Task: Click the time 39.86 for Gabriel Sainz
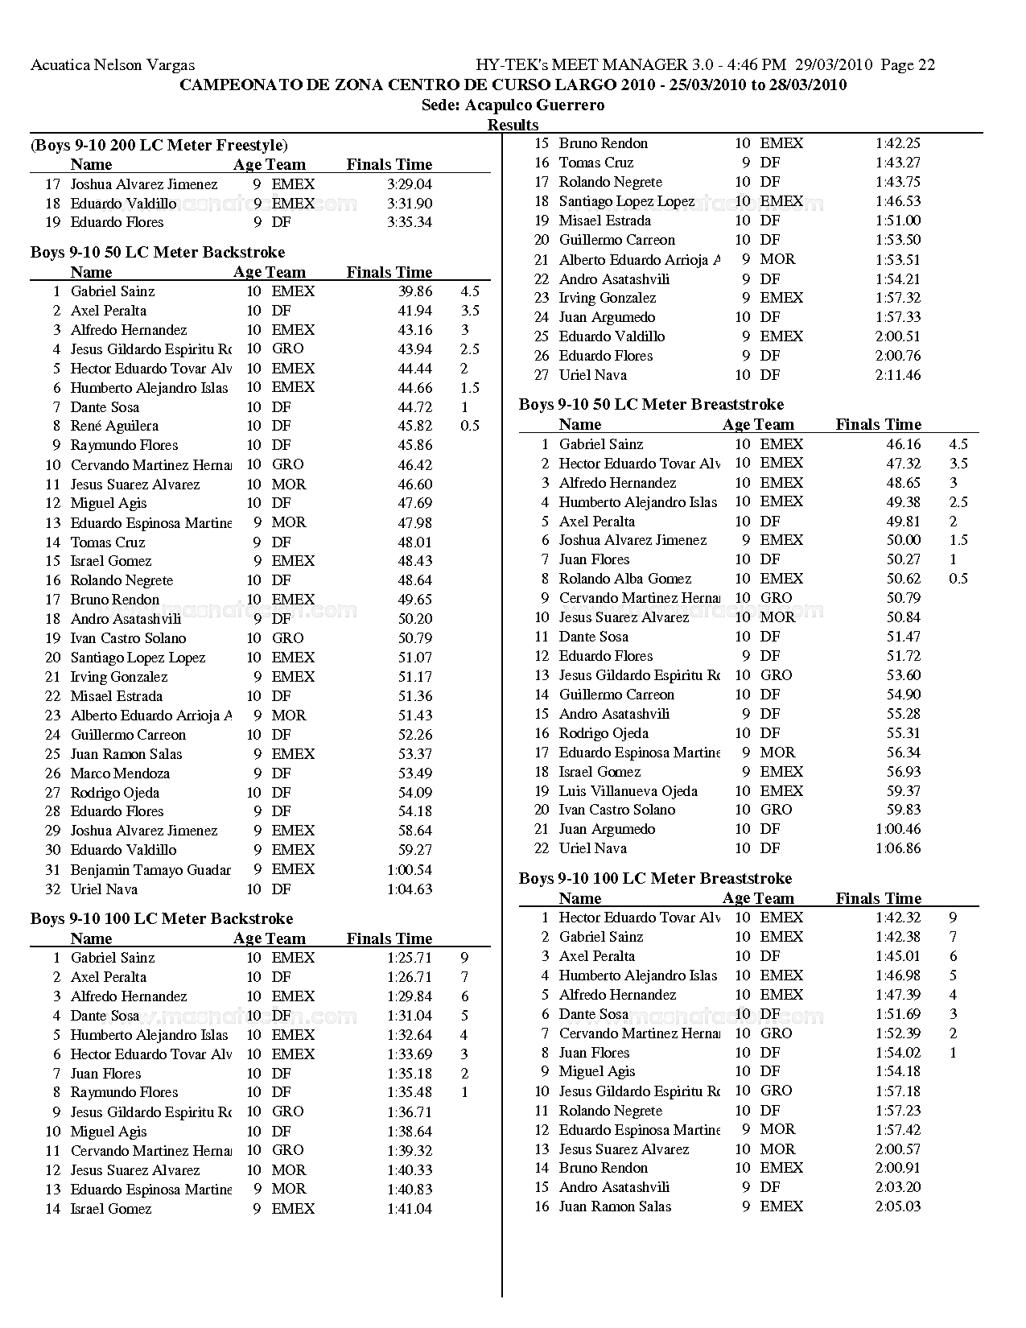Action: [415, 291]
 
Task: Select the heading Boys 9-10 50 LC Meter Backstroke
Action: [158, 252]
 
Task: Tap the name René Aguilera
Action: [114, 426]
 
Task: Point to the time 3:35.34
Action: [409, 222]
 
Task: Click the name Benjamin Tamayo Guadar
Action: [150, 870]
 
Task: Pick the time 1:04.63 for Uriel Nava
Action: [409, 889]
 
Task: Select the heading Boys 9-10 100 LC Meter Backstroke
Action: [162, 918]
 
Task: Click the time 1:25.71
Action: [409, 958]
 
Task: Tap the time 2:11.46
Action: [898, 375]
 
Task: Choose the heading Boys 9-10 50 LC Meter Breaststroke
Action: [651, 404]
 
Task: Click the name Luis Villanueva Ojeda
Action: [628, 791]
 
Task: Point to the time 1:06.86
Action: [898, 848]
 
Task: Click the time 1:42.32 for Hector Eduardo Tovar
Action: [898, 918]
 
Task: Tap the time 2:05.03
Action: [898, 1206]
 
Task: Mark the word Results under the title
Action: [513, 125]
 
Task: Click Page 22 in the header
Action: [908, 65]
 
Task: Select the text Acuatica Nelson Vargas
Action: [113, 65]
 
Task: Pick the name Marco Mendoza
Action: [120, 773]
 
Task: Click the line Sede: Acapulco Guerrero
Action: [513, 105]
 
